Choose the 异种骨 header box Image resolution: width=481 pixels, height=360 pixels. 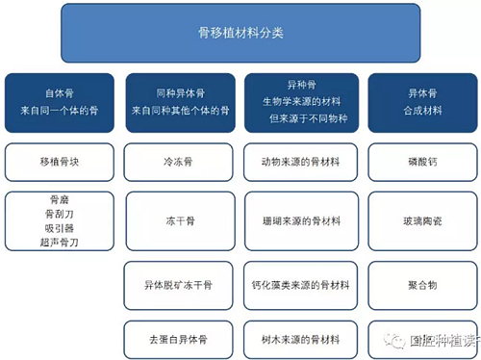[x=299, y=102]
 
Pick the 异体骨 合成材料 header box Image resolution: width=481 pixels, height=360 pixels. [x=419, y=102]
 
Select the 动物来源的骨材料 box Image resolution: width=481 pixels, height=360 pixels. [x=299, y=162]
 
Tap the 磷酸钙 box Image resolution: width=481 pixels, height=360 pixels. [x=419, y=162]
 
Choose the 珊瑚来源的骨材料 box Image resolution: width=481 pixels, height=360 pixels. [x=299, y=220]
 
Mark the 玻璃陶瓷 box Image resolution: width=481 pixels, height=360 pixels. [x=419, y=220]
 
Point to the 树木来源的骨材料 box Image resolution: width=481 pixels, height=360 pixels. [x=299, y=340]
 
